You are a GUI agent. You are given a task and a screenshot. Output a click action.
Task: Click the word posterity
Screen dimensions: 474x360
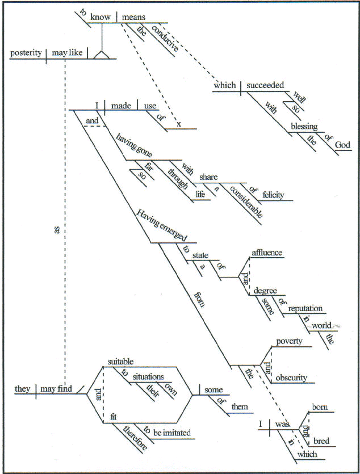(26, 53)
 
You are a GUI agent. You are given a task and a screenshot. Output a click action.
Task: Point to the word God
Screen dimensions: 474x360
(342, 145)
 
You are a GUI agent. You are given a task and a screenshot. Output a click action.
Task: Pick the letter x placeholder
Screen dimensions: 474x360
(178, 124)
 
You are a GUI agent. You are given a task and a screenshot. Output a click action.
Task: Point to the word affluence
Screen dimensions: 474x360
(267, 253)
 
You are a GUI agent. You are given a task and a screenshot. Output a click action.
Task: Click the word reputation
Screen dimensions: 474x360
(305, 308)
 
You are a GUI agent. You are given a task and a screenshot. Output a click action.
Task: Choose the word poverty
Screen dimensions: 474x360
(289, 342)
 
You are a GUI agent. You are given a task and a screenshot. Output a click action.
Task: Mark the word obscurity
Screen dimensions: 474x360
(291, 377)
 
